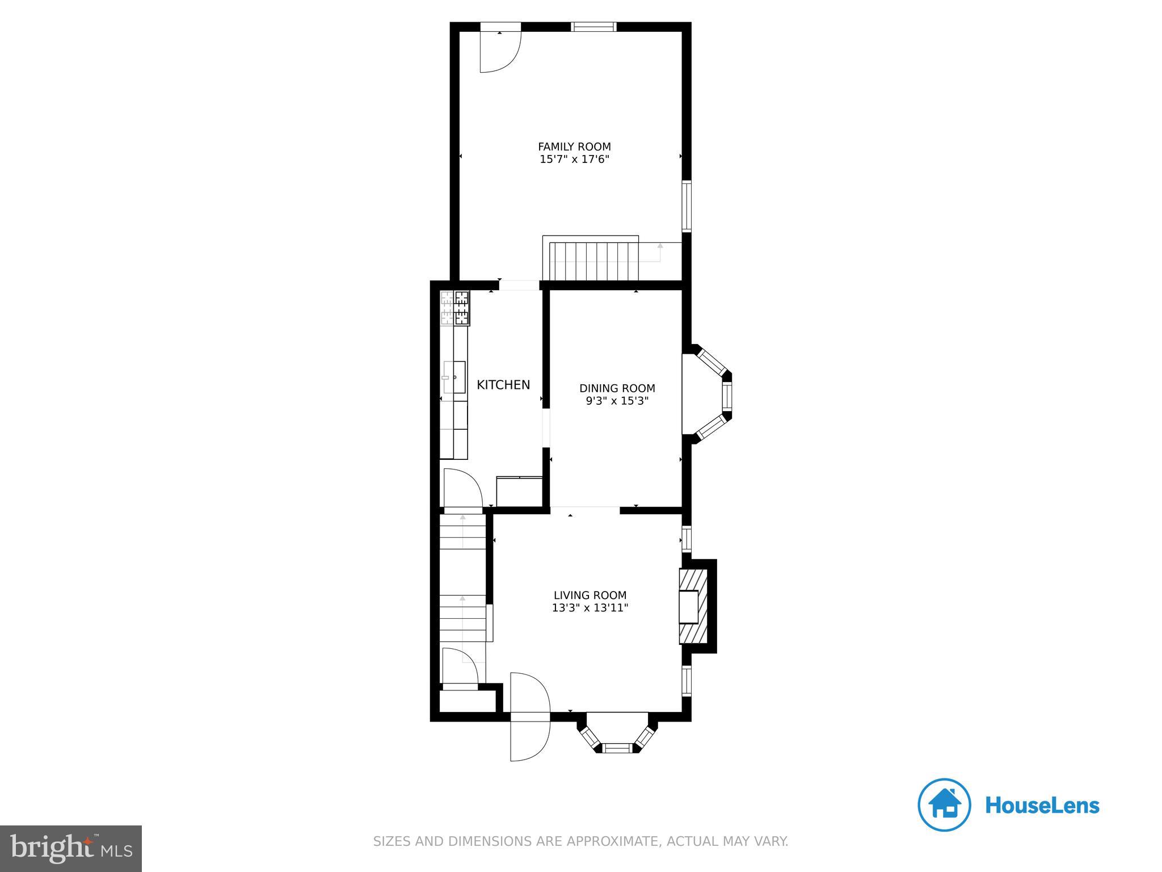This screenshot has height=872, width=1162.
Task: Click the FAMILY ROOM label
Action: pos(574,147)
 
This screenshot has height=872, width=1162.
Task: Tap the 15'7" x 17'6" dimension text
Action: pos(574,160)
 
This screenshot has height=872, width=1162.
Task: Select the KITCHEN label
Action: pos(503,385)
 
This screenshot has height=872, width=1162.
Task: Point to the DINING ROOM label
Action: pos(617,388)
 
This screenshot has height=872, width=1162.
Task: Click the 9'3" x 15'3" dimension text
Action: pos(617,401)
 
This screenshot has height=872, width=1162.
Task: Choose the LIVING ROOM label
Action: pos(590,595)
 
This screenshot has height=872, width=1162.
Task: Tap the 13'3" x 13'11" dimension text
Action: pos(590,608)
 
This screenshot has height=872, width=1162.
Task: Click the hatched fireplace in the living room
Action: pos(693,606)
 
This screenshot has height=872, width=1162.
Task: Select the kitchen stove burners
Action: pos(456,308)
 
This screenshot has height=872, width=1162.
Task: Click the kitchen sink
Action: pos(454,377)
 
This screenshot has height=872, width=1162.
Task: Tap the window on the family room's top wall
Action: pos(593,26)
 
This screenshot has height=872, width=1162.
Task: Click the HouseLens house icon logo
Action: pos(944,805)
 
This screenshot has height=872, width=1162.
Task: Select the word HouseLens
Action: pos(1042,806)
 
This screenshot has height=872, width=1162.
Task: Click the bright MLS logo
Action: pos(71,848)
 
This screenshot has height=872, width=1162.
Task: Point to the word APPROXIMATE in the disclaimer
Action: pos(603,841)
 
